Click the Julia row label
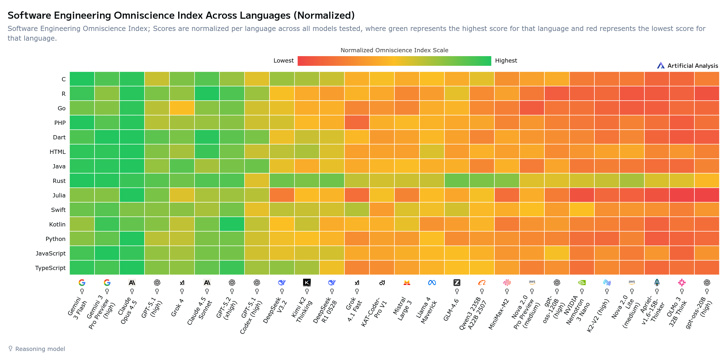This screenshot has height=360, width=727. [59, 195]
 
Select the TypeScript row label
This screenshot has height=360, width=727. [50, 268]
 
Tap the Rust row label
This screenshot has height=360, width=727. [59, 181]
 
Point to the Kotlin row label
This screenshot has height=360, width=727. [57, 225]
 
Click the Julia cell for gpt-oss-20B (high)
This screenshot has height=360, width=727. [707, 195]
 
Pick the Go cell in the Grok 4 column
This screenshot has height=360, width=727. [182, 108]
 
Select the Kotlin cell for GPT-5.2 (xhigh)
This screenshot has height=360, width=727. [232, 224]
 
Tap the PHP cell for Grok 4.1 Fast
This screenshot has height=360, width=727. [357, 123]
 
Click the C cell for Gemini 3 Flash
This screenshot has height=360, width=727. [82, 79]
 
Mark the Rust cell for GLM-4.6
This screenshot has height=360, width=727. [457, 181]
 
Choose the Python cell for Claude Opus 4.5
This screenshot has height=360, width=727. [132, 239]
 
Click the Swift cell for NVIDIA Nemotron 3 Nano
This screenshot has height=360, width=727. [582, 210]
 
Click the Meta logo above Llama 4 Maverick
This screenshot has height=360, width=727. [432, 283]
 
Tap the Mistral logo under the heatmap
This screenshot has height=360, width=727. [407, 283]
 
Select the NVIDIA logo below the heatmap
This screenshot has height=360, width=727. [582, 283]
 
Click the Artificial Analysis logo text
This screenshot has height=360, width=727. [692, 66]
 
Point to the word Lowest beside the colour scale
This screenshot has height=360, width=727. [283, 61]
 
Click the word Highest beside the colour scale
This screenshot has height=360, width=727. [506, 61]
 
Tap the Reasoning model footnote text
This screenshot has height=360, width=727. [40, 349]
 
